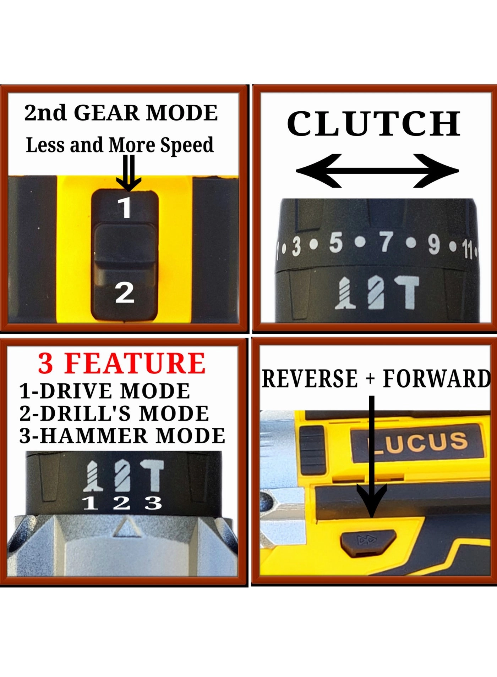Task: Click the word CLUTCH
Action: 373,123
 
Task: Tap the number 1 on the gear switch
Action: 125,207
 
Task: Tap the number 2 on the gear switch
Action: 125,293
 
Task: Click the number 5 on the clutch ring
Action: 335,243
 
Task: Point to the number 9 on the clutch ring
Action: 434,245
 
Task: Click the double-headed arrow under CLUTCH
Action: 377,171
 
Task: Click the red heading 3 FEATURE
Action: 122,363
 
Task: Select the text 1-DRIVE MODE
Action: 105,391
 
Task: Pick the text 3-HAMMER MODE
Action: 122,436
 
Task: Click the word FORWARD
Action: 437,379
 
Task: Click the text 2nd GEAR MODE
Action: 121,113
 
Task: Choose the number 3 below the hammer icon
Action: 153,503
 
